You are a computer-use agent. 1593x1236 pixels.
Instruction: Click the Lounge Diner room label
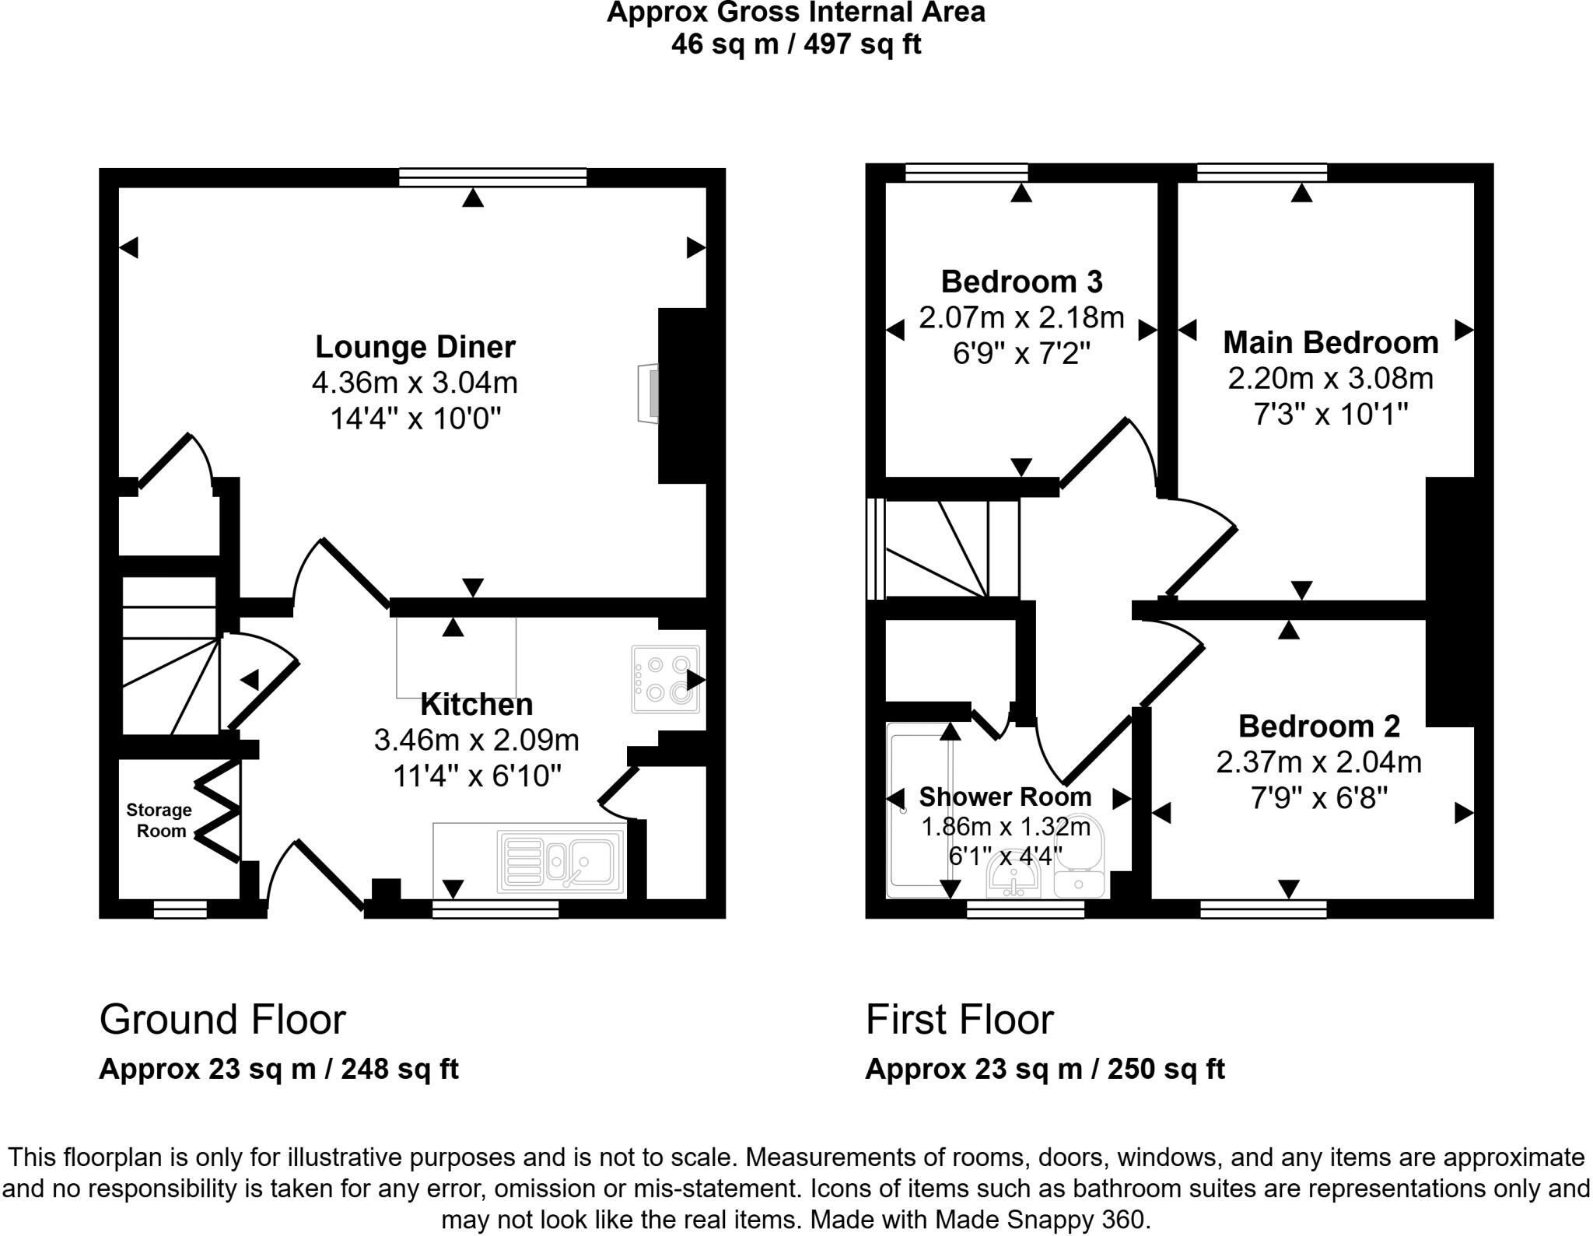(415, 347)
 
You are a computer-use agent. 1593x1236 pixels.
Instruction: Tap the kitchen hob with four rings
(665, 679)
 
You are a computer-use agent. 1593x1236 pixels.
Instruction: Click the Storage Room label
(159, 820)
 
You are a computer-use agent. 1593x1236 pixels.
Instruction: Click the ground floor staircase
(170, 655)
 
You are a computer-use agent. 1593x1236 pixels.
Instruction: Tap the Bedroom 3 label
(1021, 282)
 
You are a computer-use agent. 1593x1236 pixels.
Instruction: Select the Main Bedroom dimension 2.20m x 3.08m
(1330, 379)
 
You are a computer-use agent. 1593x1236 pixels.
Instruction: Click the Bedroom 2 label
(1319, 726)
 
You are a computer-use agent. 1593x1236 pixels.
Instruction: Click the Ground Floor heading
(222, 1019)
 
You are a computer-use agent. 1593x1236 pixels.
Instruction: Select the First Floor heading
(959, 1019)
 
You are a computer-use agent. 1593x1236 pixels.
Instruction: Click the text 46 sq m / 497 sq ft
(796, 44)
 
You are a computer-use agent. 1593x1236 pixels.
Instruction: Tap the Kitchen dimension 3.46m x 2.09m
(476, 740)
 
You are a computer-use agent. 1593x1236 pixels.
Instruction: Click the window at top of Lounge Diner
(492, 177)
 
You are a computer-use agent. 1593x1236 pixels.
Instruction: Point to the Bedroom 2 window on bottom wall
(1263, 909)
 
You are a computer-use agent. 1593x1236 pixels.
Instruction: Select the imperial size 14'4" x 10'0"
(415, 419)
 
